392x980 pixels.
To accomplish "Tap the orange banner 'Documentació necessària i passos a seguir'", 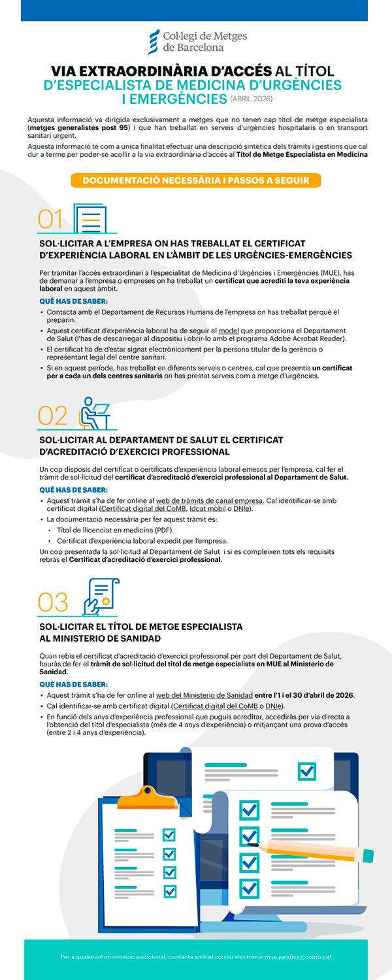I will point(196,180).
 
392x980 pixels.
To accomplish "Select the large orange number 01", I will point(51,220).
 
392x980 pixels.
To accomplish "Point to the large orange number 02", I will point(53,416).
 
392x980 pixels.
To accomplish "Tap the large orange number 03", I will point(53,601).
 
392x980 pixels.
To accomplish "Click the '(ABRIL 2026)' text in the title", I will point(251,99).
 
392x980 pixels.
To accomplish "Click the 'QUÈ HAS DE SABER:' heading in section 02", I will point(73,489).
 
